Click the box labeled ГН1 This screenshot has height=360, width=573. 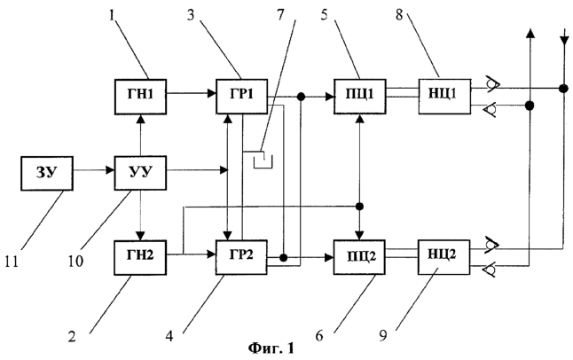[140, 97]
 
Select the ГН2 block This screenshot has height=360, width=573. [140, 257]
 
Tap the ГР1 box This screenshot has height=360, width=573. [241, 96]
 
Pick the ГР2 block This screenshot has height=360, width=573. [241, 257]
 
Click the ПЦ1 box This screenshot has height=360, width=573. [359, 97]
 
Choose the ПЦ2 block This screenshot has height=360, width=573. [359, 257]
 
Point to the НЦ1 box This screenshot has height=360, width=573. [444, 97]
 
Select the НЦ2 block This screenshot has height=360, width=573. [444, 257]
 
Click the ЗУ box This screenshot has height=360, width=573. [47, 173]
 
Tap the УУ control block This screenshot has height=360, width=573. [140, 173]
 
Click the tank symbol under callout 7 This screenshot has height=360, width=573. [263, 160]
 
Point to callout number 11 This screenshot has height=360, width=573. [12, 262]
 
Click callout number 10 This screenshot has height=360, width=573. [75, 262]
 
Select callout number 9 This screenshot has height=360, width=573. [382, 335]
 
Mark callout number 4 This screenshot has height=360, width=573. [169, 335]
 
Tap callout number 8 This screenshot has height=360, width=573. [399, 15]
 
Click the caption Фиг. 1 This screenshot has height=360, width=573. [271, 348]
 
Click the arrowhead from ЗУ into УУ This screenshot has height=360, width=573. [110, 170]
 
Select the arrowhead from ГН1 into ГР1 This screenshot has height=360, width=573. [212, 93]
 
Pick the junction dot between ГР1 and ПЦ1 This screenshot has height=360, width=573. [301, 97]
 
